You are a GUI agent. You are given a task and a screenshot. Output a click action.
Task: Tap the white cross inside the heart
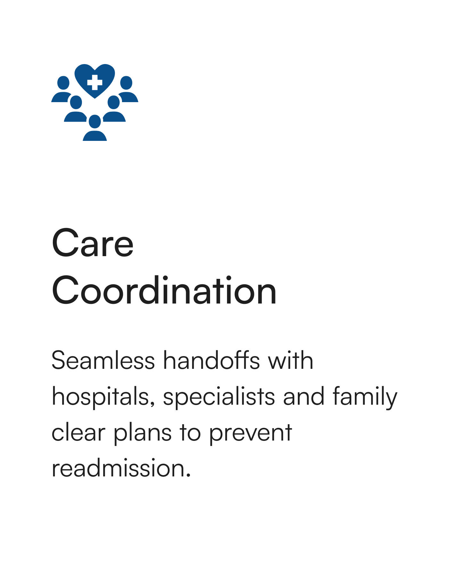point(94,82)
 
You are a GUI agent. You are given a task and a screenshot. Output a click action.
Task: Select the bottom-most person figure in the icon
point(95,128)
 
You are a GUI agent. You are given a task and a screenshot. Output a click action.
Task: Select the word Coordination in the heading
point(164,290)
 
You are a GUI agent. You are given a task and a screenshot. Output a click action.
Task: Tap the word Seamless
point(103,361)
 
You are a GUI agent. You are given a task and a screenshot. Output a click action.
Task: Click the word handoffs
point(211,360)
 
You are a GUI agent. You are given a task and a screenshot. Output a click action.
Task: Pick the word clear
point(78,432)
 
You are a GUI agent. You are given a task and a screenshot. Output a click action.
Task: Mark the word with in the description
point(290,360)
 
